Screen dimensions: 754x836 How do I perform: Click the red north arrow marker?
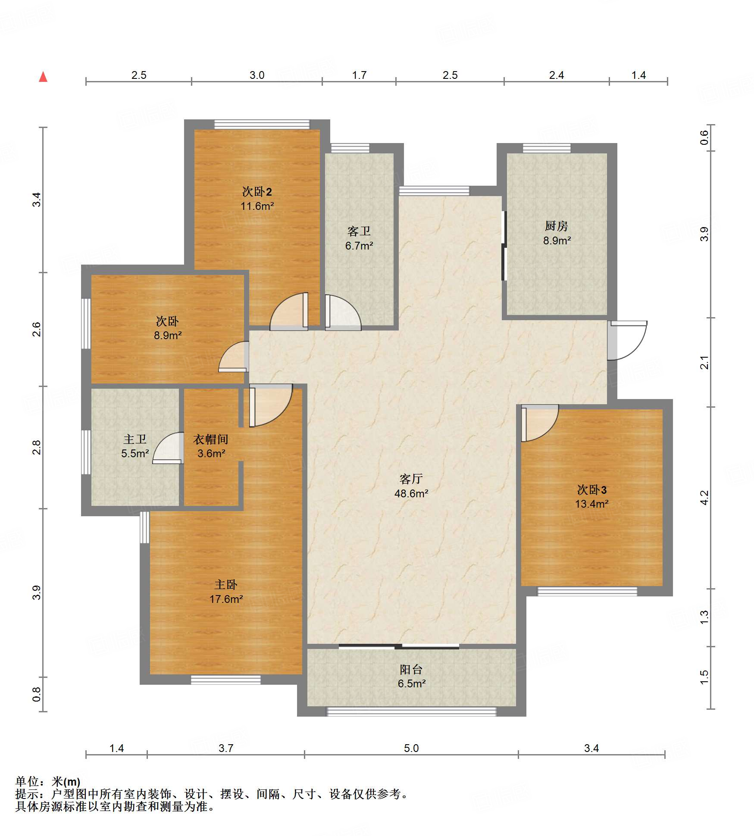click(x=43, y=77)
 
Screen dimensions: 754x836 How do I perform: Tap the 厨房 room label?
click(x=556, y=226)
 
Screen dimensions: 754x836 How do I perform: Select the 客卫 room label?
click(x=359, y=231)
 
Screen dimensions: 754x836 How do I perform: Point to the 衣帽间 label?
click(x=210, y=439)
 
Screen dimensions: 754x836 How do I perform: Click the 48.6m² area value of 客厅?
click(x=411, y=493)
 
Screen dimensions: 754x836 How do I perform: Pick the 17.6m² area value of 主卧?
click(x=226, y=599)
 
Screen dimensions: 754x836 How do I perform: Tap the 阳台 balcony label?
click(x=411, y=669)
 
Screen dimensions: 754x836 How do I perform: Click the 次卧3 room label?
click(x=591, y=490)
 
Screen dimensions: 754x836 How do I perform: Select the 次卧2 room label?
click(x=257, y=191)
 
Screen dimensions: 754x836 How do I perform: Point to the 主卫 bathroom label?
click(x=135, y=439)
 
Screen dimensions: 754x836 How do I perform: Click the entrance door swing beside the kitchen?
click(x=627, y=340)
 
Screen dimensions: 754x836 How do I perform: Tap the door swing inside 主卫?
click(x=168, y=448)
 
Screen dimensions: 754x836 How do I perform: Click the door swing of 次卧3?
click(x=540, y=423)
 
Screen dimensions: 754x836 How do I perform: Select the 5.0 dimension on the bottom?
click(x=411, y=748)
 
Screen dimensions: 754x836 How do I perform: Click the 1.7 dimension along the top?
click(x=359, y=75)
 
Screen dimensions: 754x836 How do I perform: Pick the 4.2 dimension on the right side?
click(x=704, y=498)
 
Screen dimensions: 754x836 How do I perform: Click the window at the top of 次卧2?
click(x=262, y=125)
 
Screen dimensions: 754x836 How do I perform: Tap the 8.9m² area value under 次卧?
click(x=168, y=335)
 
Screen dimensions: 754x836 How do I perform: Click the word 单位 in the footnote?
click(x=27, y=781)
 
